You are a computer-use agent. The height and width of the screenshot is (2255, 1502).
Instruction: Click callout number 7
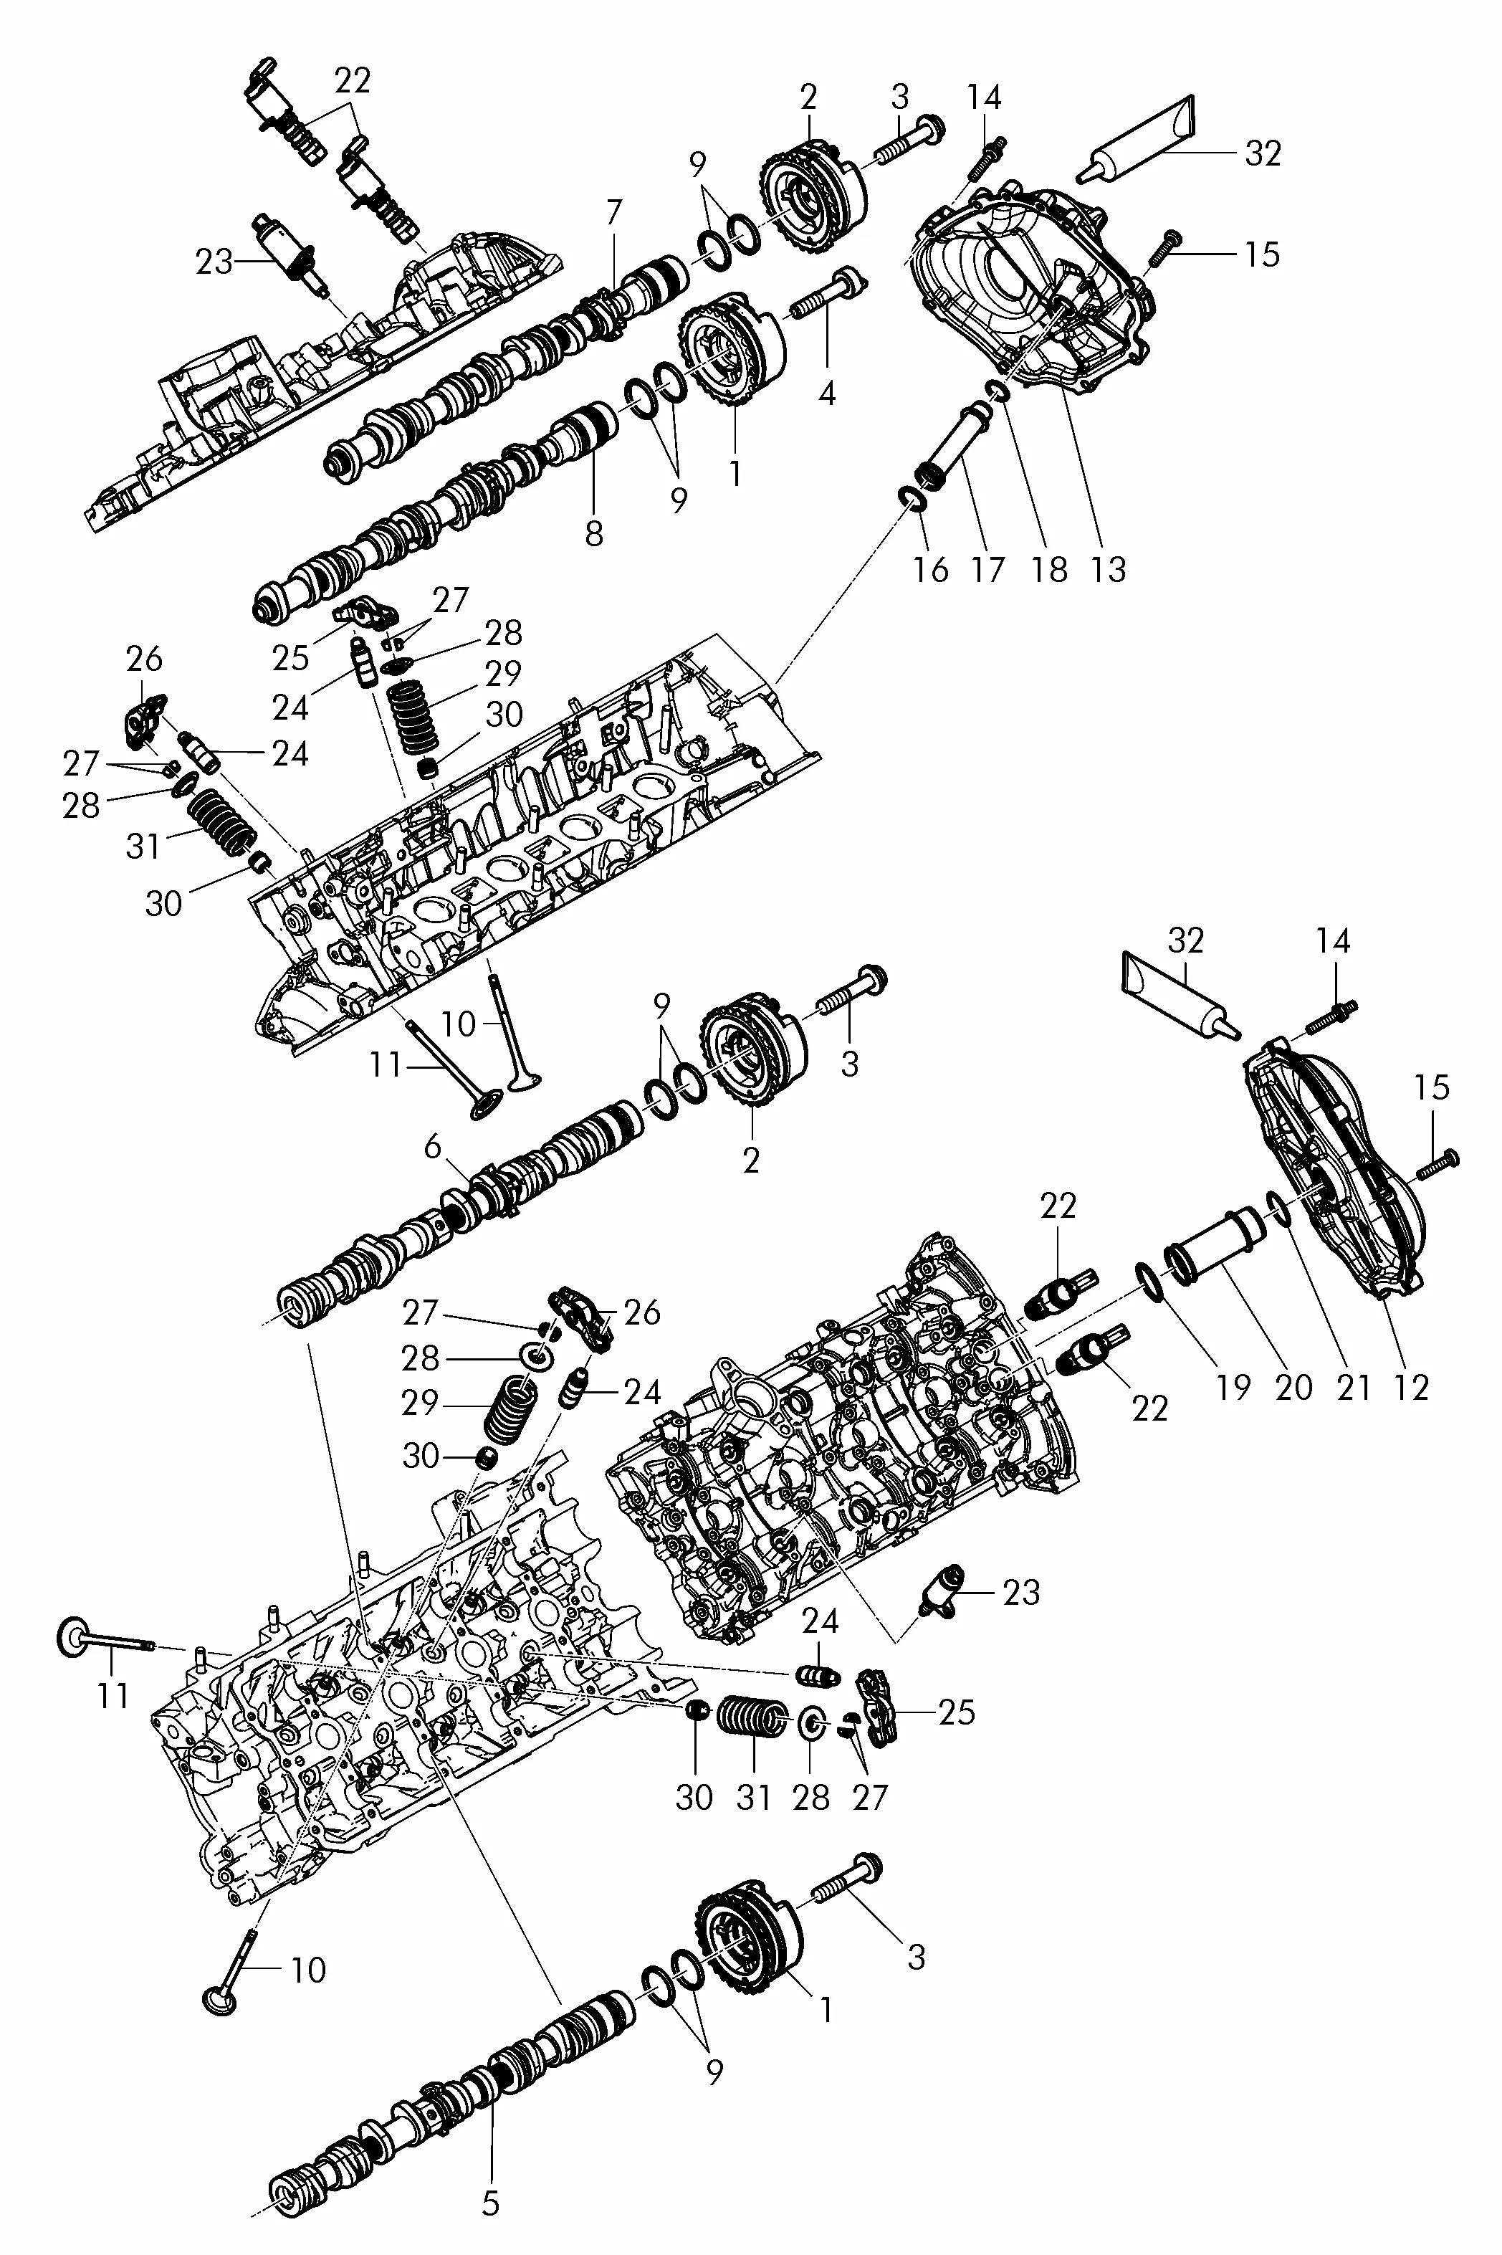613,213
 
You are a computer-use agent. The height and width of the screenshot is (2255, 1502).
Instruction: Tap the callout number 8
594,533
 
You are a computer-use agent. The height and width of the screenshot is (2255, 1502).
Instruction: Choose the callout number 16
930,569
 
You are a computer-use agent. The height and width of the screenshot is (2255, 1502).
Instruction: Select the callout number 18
1049,569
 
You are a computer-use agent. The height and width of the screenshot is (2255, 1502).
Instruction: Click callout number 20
1293,1387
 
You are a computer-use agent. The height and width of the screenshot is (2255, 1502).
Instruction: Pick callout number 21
1354,1387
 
